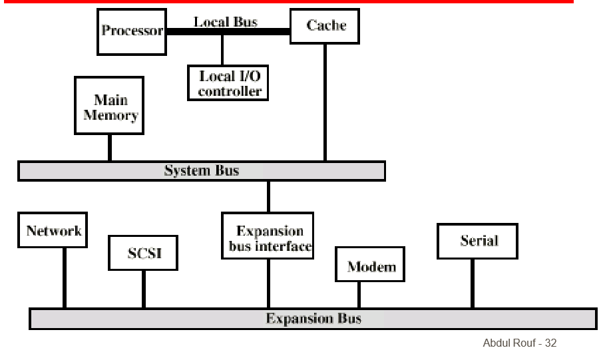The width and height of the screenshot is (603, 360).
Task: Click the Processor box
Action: [132, 31]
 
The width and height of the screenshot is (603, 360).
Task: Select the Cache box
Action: [326, 26]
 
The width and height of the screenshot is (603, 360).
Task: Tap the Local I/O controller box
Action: [228, 83]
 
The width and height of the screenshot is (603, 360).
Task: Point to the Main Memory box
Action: [110, 107]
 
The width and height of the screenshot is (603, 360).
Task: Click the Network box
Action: [53, 230]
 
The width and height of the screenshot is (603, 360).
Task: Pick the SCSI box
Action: [144, 253]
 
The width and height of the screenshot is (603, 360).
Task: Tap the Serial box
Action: [478, 241]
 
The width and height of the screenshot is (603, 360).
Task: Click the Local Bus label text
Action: [226, 21]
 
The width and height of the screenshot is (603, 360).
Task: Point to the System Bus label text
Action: [201, 171]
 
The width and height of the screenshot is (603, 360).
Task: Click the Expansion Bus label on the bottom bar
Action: [313, 318]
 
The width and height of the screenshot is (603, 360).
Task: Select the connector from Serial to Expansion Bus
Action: [473, 283]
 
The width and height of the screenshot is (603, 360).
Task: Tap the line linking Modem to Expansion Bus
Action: [359, 295]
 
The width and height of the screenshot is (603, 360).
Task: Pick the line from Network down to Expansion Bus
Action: [65, 278]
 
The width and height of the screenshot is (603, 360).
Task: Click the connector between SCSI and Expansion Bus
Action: [143, 289]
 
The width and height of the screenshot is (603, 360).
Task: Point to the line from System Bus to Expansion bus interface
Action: [268, 196]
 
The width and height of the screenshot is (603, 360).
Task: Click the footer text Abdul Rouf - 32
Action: [519, 343]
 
